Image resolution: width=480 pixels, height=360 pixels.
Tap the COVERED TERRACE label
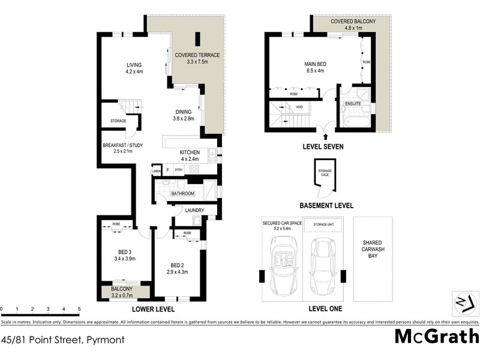[x=197, y=58]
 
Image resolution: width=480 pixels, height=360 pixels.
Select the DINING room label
[x=183, y=115]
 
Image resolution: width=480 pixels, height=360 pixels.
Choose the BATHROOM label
[x=183, y=194]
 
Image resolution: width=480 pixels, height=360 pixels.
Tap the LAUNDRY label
[x=194, y=210]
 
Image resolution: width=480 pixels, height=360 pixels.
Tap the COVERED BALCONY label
[x=353, y=25]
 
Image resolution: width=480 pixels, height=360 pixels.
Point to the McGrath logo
[x=436, y=336]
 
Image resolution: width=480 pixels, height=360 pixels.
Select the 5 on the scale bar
[x=79, y=310]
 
